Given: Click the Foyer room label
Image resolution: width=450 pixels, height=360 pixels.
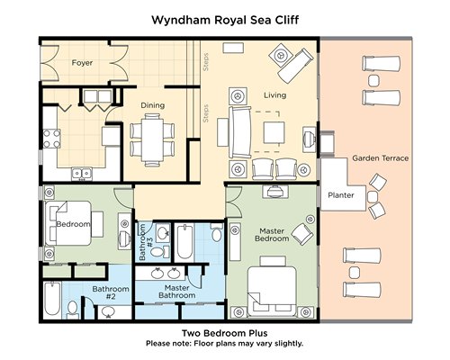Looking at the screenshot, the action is (82, 63).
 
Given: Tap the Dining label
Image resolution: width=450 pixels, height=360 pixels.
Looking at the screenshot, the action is (153, 105).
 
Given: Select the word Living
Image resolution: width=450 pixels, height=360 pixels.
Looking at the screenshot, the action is (274, 95).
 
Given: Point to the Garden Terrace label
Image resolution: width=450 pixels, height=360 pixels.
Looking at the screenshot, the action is (380, 158).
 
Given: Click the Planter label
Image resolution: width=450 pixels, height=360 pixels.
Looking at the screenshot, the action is (341, 195).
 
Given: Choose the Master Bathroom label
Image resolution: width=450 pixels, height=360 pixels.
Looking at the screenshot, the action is (177, 292).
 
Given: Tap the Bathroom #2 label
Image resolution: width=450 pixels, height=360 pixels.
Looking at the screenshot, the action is (111, 292).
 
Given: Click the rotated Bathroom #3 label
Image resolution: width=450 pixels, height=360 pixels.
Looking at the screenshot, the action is (146, 242).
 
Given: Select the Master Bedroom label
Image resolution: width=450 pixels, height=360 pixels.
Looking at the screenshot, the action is (272, 235).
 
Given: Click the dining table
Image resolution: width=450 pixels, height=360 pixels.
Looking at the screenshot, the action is (152, 139).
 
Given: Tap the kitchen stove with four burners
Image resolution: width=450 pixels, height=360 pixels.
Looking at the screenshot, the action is (52, 139).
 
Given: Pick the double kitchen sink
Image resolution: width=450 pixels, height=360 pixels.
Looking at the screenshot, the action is (82, 174).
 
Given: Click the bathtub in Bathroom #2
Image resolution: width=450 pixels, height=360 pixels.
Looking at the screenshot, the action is (52, 299).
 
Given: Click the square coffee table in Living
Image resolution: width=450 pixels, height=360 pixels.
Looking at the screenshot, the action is (274, 132).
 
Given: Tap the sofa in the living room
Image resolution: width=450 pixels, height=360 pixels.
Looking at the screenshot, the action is (239, 132).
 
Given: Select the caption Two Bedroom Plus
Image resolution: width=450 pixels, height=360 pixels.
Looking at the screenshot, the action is (225, 333).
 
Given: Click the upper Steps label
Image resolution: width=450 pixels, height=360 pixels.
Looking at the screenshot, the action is (206, 62).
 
